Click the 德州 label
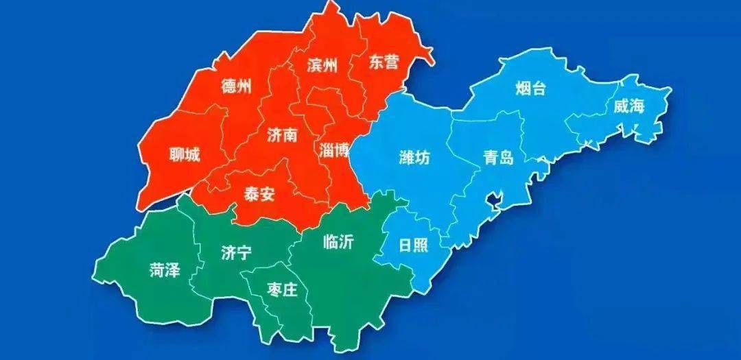[236, 86]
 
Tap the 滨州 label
[322, 66]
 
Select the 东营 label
[383, 62]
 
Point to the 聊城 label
[185, 156]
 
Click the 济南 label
[282, 136]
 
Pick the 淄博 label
[334, 149]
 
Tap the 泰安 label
[259, 194]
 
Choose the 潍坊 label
[414, 158]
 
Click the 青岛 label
[497, 158]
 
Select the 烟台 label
[530, 88]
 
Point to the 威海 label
[629, 106]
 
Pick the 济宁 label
[236, 253]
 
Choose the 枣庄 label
[281, 291]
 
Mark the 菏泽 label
[165, 269]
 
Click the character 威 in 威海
[621, 106]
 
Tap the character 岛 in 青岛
[506, 158]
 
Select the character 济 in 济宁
[228, 253]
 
